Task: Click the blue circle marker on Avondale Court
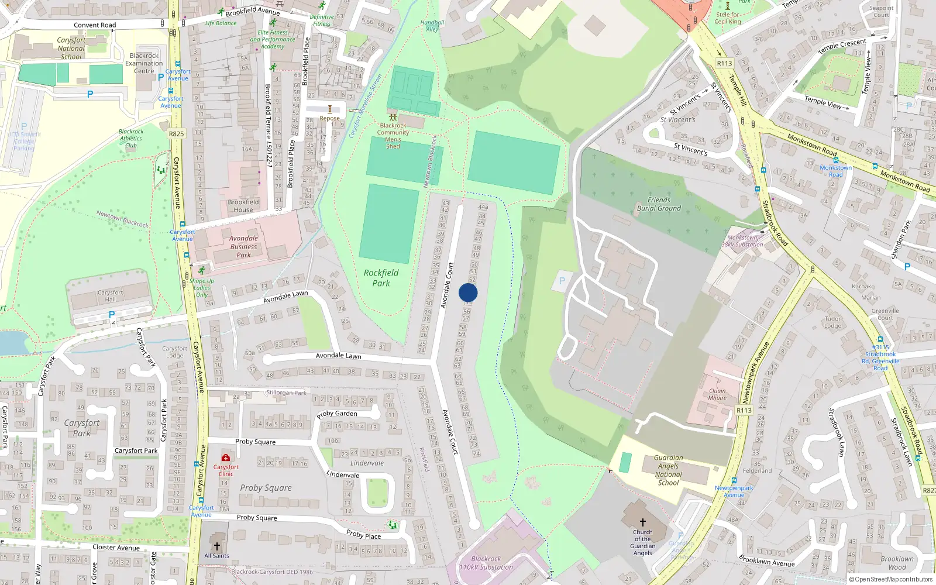468,292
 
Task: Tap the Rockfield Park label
381,278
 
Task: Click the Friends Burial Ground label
659,204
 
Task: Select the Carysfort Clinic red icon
226,457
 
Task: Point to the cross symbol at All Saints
217,546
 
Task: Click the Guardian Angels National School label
668,470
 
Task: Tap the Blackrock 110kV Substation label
486,563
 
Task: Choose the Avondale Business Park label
243,246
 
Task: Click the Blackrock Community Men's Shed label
393,136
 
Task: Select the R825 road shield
176,133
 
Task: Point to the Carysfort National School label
71,49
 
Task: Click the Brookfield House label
243,206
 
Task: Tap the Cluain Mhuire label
717,394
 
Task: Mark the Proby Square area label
266,488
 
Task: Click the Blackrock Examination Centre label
144,63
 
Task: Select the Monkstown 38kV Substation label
742,241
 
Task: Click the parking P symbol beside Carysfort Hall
112,315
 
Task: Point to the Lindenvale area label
367,463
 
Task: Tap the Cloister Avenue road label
116,548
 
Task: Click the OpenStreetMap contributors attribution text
891,580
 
